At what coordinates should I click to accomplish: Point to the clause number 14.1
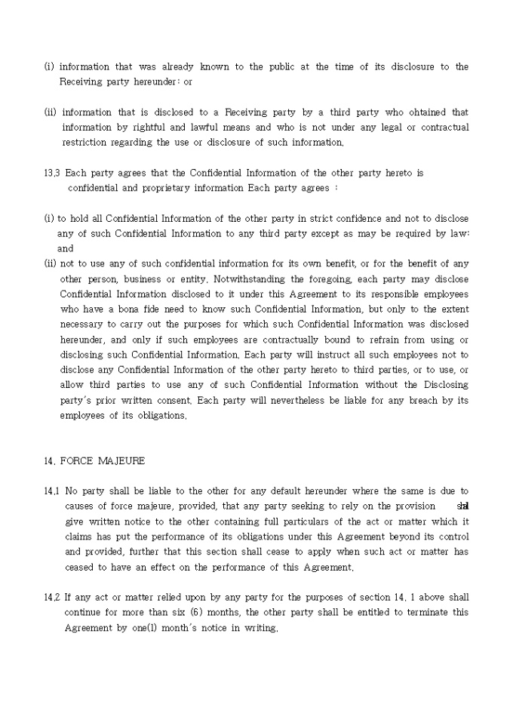click(x=52, y=491)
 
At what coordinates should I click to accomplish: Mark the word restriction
click(x=84, y=142)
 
